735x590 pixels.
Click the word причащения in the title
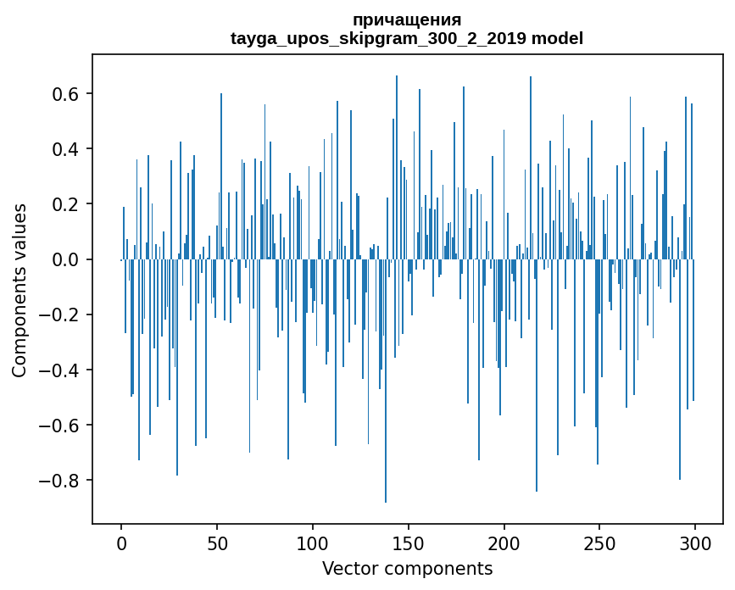tap(407, 20)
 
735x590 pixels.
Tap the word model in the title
tap(557, 39)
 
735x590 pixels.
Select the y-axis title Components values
tap(19, 290)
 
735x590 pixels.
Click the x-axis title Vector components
tap(407, 568)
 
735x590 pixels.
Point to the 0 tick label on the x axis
tap(121, 543)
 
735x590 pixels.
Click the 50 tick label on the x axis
tap(217, 543)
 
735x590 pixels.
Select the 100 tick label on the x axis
tap(313, 543)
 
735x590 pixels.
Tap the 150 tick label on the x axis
tap(409, 543)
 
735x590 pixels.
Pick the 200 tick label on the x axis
tap(504, 543)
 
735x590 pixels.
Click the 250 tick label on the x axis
tap(600, 543)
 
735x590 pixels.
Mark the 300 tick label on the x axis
tap(696, 543)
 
